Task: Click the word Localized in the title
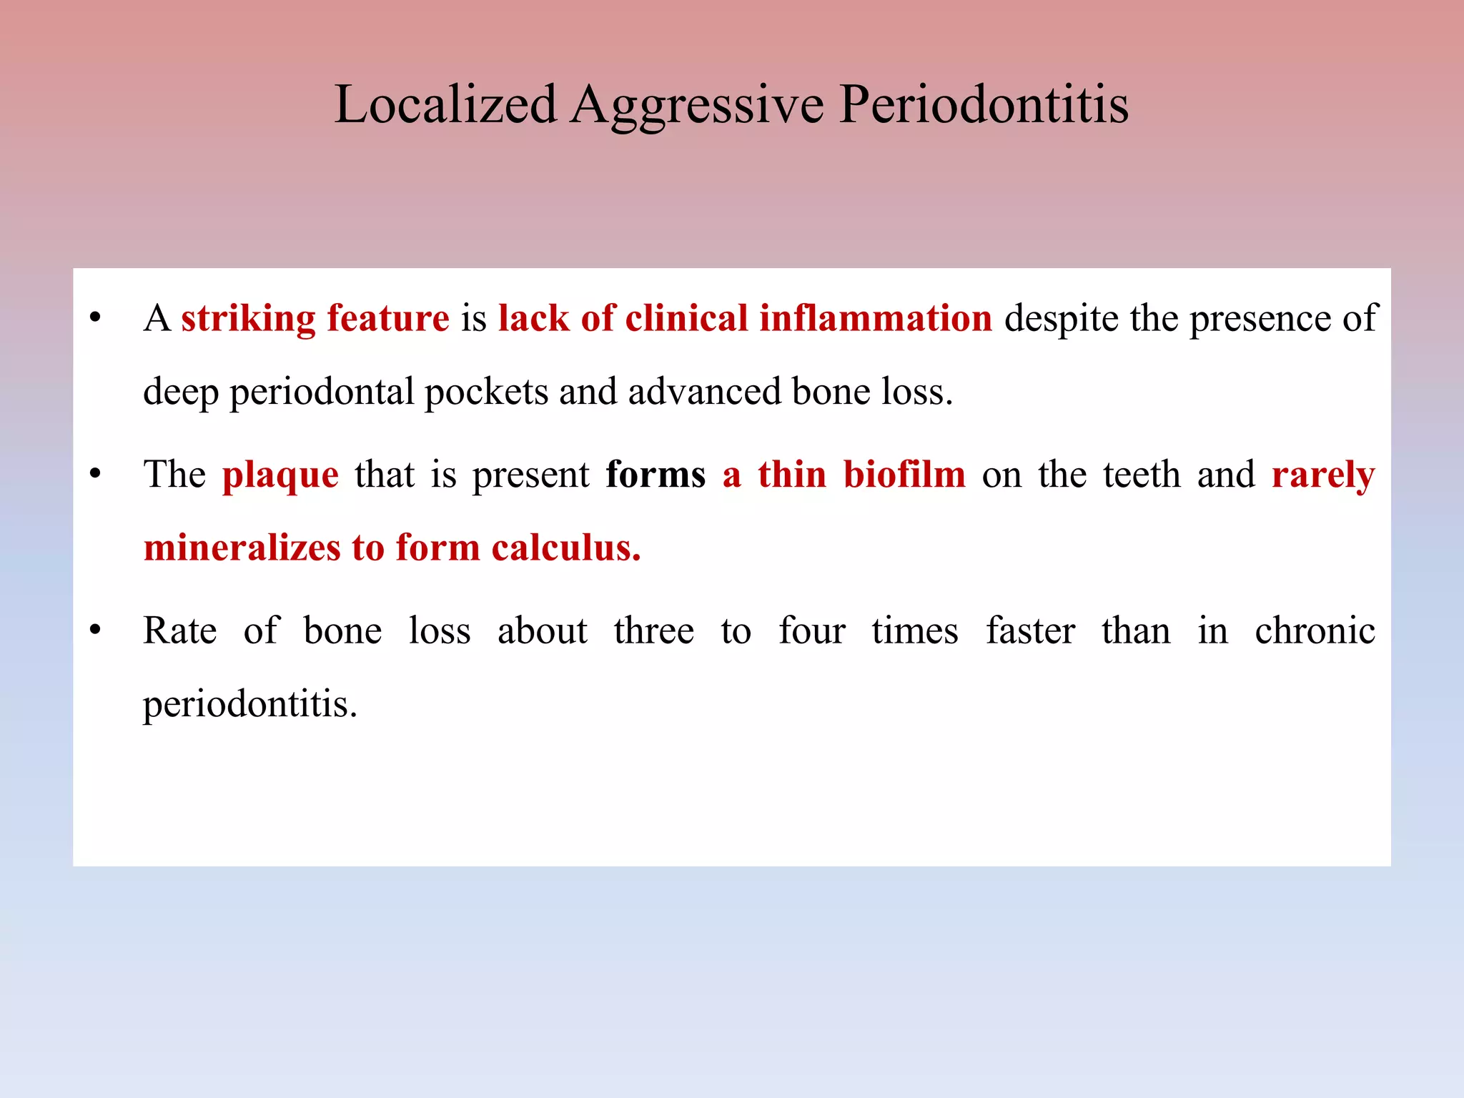click(445, 104)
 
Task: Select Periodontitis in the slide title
click(984, 104)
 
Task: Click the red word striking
click(248, 319)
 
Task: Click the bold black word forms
click(656, 475)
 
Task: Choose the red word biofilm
click(904, 475)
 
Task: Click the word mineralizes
click(242, 548)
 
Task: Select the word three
click(654, 631)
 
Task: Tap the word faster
click(1030, 631)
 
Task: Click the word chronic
click(1315, 631)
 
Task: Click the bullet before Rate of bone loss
click(95, 630)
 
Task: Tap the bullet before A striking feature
click(95, 318)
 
